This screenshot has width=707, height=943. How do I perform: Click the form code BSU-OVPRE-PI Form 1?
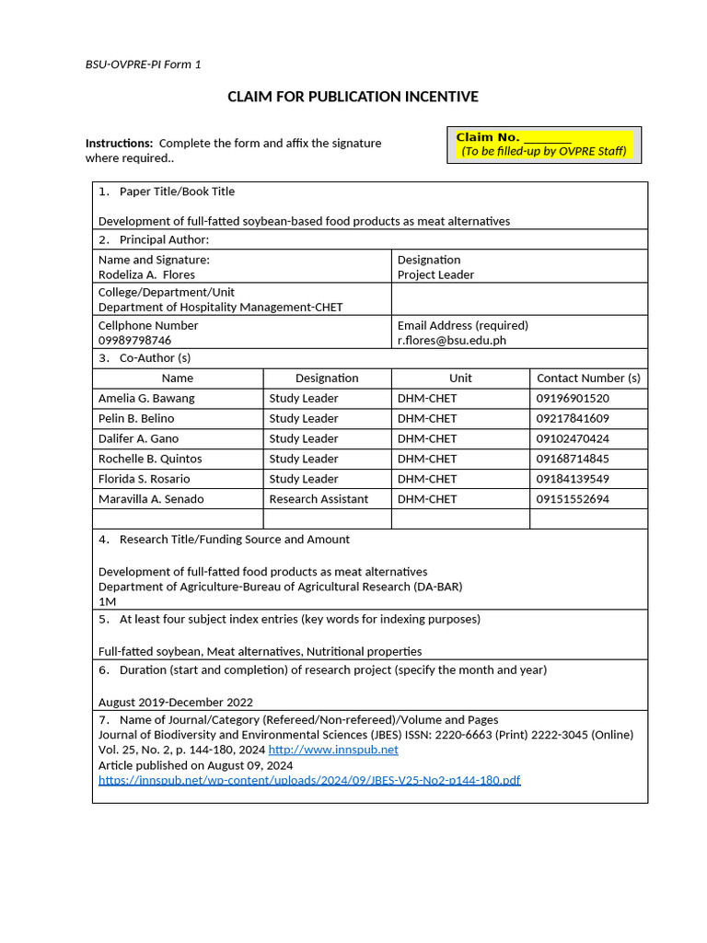143,64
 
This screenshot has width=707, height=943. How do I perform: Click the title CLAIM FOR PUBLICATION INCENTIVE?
353,97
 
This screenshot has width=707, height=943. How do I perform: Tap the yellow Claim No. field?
543,144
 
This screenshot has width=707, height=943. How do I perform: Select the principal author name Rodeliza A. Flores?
146,274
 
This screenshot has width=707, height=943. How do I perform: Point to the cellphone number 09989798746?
134,340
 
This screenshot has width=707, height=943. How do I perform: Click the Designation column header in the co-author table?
327,378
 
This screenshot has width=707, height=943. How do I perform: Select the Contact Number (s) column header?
588,378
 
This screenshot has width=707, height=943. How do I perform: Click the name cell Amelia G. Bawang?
146,399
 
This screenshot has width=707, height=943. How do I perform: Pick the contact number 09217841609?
573,419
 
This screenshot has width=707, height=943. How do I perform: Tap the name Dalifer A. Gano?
139,439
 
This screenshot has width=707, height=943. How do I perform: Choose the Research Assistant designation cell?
319,499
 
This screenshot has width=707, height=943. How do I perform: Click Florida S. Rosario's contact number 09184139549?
573,479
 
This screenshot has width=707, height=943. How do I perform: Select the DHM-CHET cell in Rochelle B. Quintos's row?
427,459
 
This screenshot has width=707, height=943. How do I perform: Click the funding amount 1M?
107,601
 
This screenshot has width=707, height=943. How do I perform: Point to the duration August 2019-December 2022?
175,702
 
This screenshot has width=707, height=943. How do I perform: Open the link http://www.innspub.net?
333,750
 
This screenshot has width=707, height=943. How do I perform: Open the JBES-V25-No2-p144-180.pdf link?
309,780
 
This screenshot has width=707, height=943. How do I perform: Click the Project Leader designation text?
435,274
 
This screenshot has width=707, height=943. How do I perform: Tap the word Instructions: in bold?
119,144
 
